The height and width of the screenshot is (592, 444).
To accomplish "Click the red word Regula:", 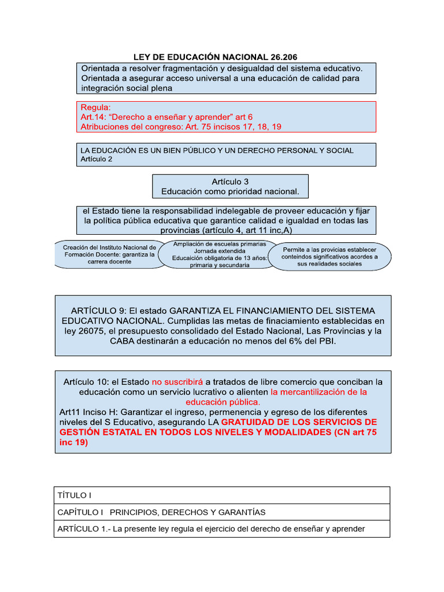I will click(95, 108).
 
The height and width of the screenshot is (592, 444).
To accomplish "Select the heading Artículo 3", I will click(230, 182).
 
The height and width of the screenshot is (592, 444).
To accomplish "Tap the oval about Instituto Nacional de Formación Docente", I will click(109, 254).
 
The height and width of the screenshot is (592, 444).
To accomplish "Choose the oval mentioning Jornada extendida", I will click(219, 254).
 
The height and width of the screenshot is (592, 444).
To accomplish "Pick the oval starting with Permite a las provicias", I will click(330, 256).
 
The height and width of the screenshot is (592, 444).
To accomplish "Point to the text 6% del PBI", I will click(310, 341).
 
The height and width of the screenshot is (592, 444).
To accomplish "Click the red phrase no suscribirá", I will click(177, 382).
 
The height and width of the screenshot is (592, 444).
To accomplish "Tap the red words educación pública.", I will click(223, 401).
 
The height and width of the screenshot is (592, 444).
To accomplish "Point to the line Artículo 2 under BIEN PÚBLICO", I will click(97, 159).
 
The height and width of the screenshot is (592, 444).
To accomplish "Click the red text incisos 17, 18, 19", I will click(245, 127).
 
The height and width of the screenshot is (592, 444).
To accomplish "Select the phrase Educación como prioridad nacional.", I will click(230, 191).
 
